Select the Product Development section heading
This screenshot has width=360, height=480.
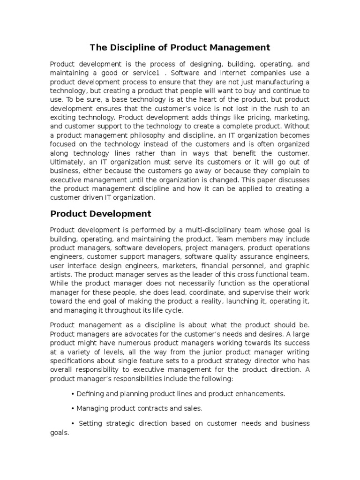(100, 214)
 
